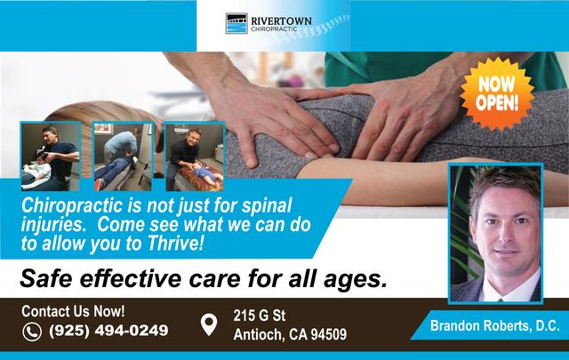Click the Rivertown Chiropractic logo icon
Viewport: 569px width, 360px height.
click(x=236, y=23)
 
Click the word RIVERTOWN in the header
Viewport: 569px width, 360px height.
click(x=281, y=21)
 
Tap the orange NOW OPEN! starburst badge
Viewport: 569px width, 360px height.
click(x=497, y=93)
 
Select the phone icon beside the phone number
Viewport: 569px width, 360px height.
click(x=32, y=332)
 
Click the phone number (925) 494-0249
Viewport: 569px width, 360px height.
click(x=108, y=331)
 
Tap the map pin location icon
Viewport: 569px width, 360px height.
click(x=209, y=324)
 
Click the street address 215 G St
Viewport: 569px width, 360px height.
click(x=260, y=316)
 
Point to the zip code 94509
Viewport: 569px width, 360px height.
click(x=329, y=334)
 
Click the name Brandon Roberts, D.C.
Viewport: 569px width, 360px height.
click(x=495, y=325)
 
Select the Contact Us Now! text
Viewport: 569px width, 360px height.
click(x=73, y=311)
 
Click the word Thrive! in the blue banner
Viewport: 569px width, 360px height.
click(x=175, y=244)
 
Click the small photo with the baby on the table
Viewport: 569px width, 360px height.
click(x=194, y=157)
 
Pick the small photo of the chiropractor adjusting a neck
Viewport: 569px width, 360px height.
click(x=51, y=156)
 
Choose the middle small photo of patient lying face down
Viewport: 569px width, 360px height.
click(x=123, y=156)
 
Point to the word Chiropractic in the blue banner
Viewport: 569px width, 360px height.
click(x=72, y=205)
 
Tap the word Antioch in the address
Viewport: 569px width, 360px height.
click(x=259, y=334)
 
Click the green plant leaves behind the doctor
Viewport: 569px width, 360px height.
click(x=462, y=225)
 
